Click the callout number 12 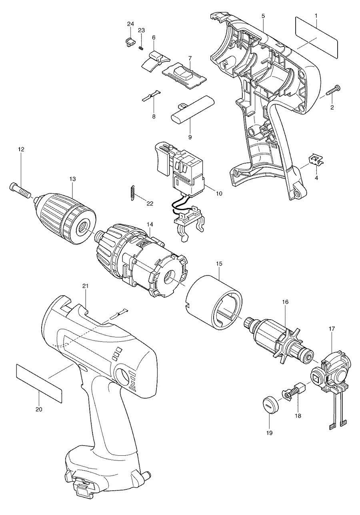click(x=21, y=149)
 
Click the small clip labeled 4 click(x=316, y=161)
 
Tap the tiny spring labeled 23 click(x=141, y=48)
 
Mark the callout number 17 click(x=332, y=329)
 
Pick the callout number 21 click(x=85, y=286)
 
